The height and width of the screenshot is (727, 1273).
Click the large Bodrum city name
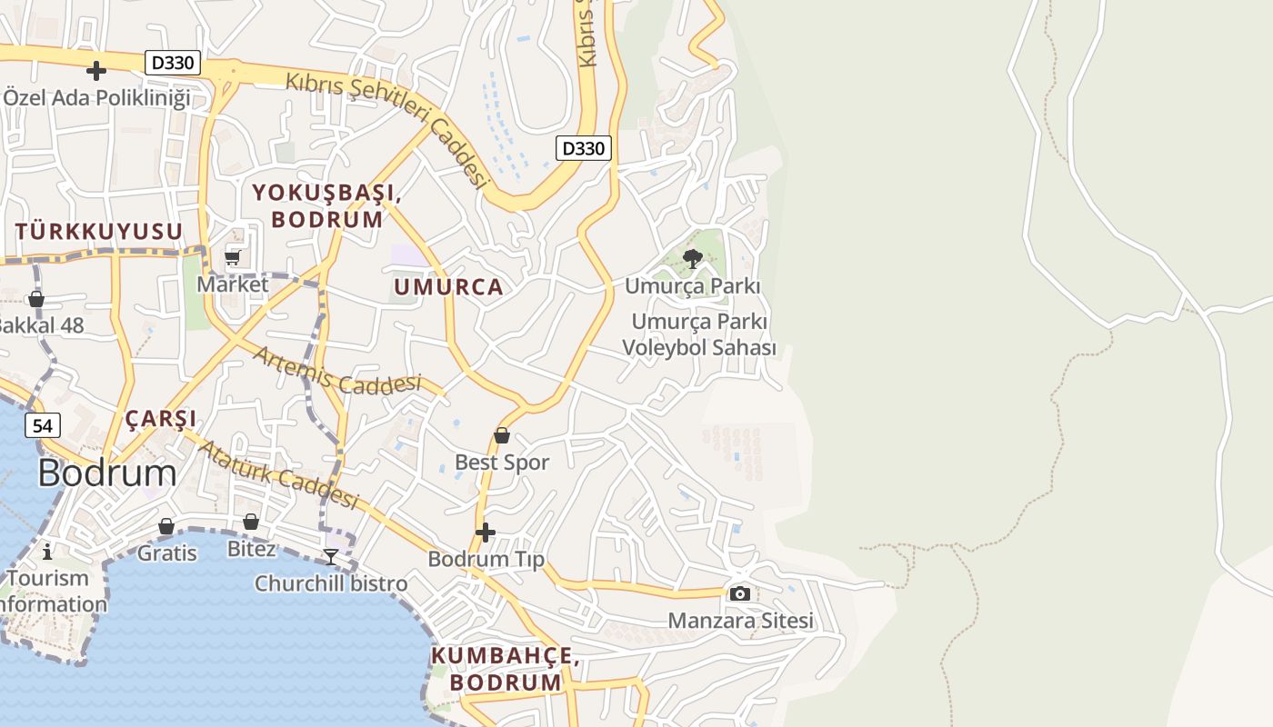pos(107,473)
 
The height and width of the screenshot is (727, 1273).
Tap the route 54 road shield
pos(43,425)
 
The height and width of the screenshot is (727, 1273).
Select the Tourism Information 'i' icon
pos(47,551)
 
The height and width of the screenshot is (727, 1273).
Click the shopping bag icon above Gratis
pos(166,526)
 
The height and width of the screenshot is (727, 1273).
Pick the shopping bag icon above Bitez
pos(251,522)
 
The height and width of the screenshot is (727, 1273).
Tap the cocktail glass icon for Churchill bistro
pos(331,556)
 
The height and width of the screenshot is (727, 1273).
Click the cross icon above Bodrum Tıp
pos(486,532)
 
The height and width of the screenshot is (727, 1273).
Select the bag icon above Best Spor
pos(501,435)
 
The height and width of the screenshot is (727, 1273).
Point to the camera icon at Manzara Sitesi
pos(740,593)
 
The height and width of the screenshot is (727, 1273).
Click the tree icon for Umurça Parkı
pos(693,259)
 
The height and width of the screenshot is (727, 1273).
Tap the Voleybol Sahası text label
pos(699,348)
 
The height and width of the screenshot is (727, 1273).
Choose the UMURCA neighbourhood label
pos(448,287)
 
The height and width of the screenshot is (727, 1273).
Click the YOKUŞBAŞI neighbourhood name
pos(327,193)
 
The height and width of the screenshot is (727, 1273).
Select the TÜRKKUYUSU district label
pos(99,232)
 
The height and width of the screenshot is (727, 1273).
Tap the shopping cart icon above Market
pos(233,258)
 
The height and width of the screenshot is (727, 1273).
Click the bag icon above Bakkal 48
pos(36,298)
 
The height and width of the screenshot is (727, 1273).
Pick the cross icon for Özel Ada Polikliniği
pos(96,70)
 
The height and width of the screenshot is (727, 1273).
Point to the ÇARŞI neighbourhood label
pos(161,419)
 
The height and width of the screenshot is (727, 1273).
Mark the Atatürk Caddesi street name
pos(278,475)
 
